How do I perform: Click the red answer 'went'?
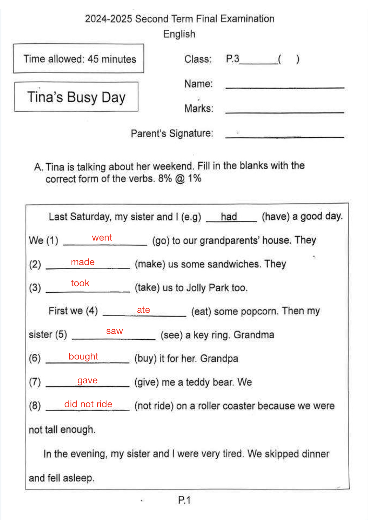(x=102, y=238)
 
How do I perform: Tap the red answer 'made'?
(x=82, y=262)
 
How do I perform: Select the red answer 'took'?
(x=80, y=283)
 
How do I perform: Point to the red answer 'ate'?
(x=143, y=310)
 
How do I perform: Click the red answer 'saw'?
(x=114, y=331)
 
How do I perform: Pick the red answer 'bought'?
(x=83, y=356)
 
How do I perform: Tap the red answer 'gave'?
(x=87, y=380)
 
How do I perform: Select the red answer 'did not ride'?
(x=88, y=404)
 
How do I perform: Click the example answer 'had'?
(x=229, y=217)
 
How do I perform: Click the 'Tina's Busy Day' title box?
(x=76, y=97)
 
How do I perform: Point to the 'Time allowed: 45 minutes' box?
(x=79, y=59)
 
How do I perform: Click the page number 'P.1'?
(x=184, y=500)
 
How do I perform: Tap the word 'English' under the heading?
(x=179, y=34)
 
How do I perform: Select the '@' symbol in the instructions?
(x=180, y=179)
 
